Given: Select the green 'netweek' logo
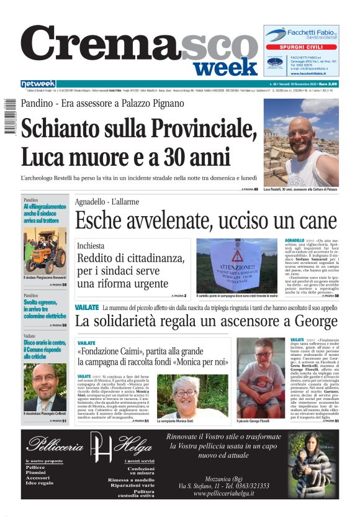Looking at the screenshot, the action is coord(38,83).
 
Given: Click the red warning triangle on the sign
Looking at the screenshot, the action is coord(237,256).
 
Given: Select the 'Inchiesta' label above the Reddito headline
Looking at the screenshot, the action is coord(90,246).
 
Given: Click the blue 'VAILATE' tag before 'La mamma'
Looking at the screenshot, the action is coord(87,307).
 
